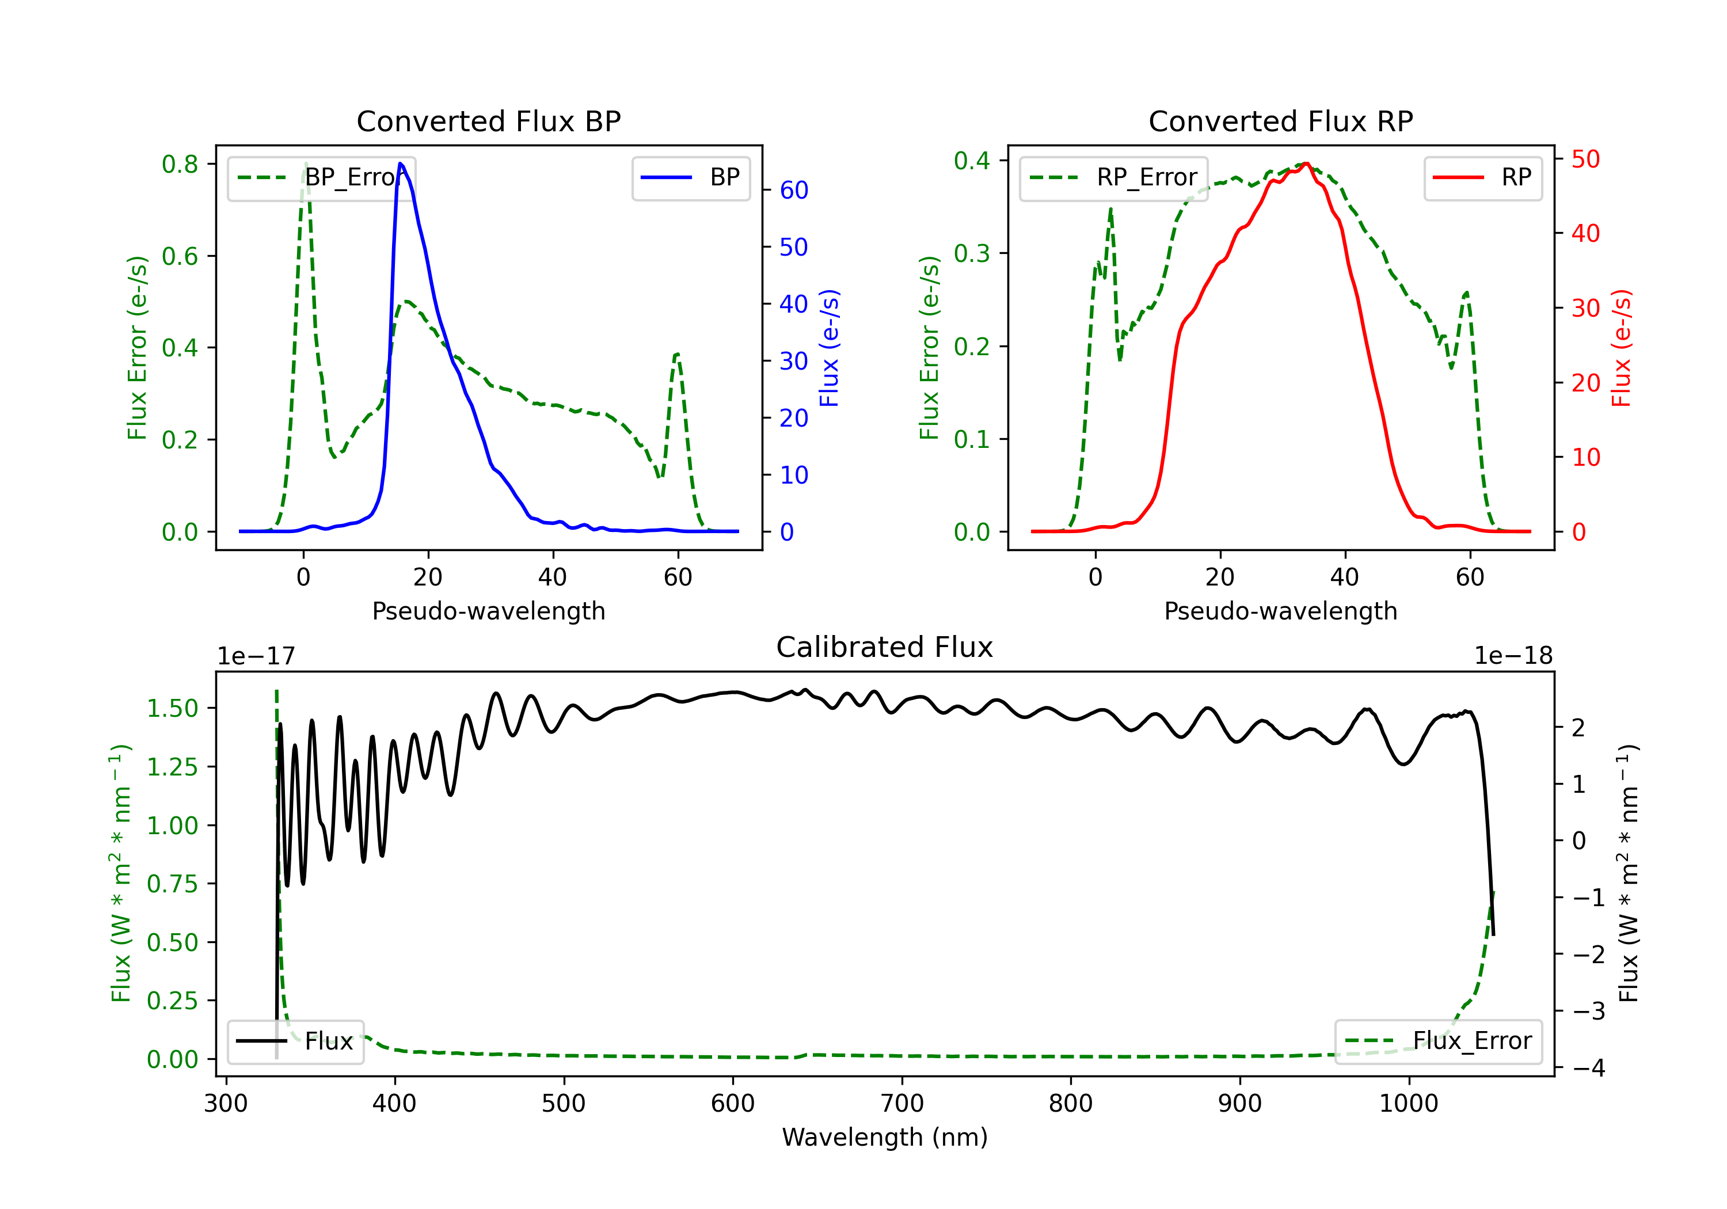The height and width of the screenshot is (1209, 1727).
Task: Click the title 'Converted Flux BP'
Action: click(x=488, y=121)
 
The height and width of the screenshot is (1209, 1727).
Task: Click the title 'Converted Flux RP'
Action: click(x=1280, y=121)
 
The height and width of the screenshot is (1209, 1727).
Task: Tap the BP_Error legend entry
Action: click(x=321, y=177)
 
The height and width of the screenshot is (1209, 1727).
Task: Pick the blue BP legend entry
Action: click(x=690, y=177)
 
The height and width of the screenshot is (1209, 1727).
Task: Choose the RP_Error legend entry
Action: click(x=1113, y=177)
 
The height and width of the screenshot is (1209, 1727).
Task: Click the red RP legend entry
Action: click(x=1482, y=177)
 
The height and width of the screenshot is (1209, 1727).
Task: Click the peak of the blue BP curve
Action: click(x=400, y=164)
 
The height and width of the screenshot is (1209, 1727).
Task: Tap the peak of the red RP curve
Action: click(x=1307, y=164)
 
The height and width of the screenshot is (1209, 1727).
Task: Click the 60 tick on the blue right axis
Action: click(x=793, y=191)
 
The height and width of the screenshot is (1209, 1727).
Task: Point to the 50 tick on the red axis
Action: click(x=1585, y=159)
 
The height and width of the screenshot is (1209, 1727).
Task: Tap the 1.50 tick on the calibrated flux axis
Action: click(x=172, y=708)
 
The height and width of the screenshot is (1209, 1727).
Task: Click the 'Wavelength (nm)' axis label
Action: click(x=885, y=1137)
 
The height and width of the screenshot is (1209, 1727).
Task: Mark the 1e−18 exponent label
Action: click(x=1513, y=656)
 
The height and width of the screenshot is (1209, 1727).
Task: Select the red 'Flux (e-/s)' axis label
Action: click(x=1621, y=348)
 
